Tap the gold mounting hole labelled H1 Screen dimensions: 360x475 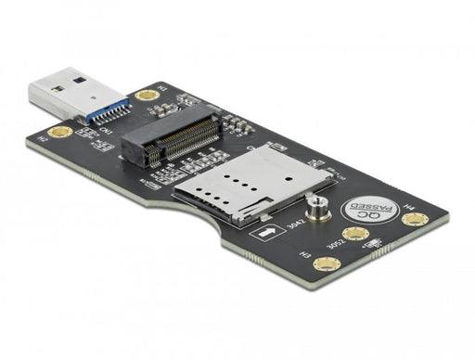pyautogui.click(x=145, y=96)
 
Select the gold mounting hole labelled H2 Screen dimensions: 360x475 pyautogui.click(x=61, y=132)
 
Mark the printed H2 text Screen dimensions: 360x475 pyautogui.click(x=40, y=138)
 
